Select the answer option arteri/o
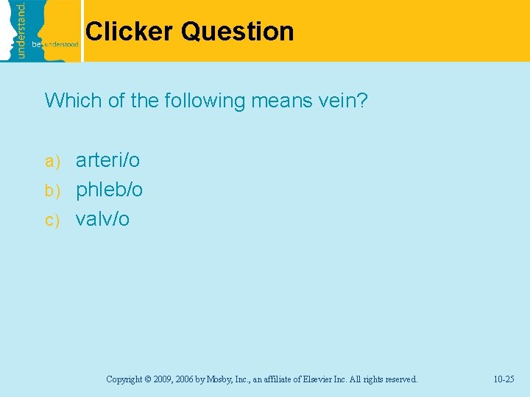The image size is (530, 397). (x=107, y=160)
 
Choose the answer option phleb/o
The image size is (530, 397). (x=110, y=190)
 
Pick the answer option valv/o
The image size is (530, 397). (x=102, y=219)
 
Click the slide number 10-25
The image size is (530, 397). (x=504, y=379)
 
